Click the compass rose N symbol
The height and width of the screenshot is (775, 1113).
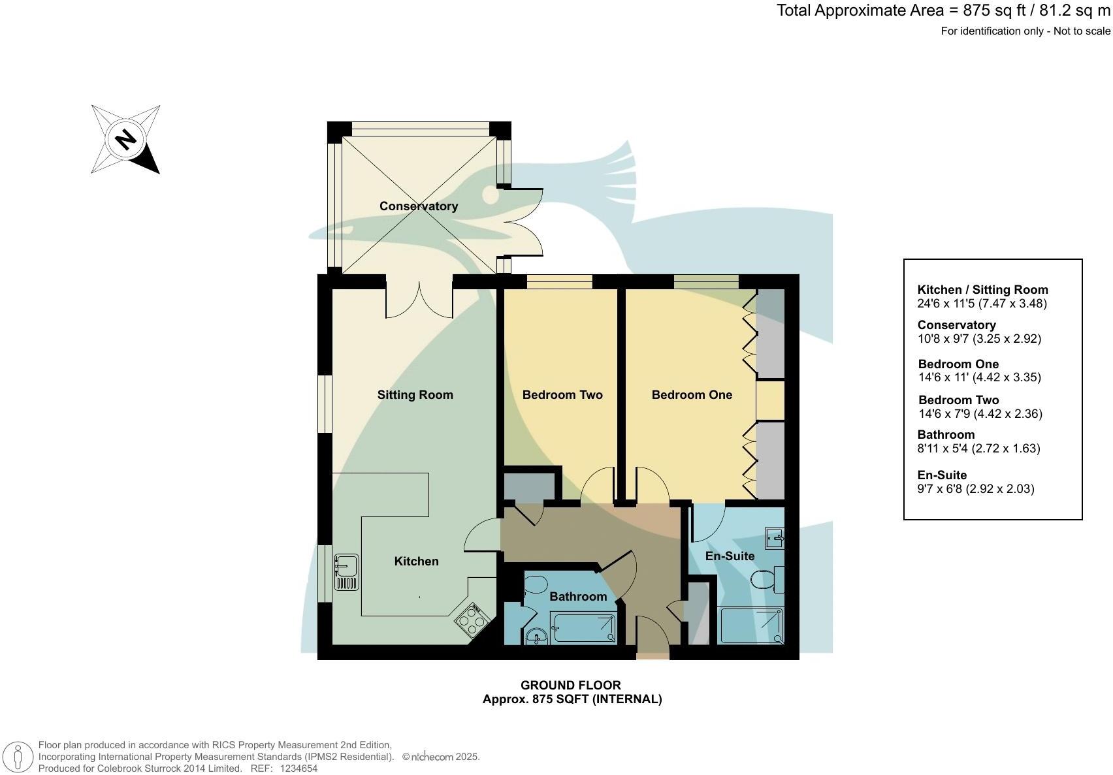pyautogui.click(x=125, y=139)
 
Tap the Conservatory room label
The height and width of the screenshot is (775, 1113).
pyautogui.click(x=418, y=206)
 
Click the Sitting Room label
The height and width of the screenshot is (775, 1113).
pyautogui.click(x=415, y=395)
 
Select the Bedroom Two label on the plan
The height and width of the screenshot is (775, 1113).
pyautogui.click(x=562, y=395)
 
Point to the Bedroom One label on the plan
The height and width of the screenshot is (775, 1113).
pyautogui.click(x=692, y=395)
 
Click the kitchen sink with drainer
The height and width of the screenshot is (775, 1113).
pyautogui.click(x=346, y=572)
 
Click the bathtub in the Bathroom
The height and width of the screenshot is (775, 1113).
pyautogui.click(x=583, y=629)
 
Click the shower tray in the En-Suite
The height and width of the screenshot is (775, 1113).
pyautogui.click(x=750, y=625)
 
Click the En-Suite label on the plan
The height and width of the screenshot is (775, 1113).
pyautogui.click(x=730, y=556)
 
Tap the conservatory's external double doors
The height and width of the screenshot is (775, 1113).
pyautogui.click(x=526, y=222)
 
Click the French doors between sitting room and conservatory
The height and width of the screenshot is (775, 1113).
pyautogui.click(x=419, y=299)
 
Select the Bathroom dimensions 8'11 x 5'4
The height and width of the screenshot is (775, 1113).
pyautogui.click(x=978, y=449)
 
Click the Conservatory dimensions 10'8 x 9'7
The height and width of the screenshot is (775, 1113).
pyautogui.click(x=978, y=339)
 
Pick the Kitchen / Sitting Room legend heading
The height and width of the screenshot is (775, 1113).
pyautogui.click(x=982, y=290)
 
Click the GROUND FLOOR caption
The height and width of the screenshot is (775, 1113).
pyautogui.click(x=570, y=685)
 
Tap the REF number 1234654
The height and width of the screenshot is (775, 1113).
pyautogui.click(x=298, y=768)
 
